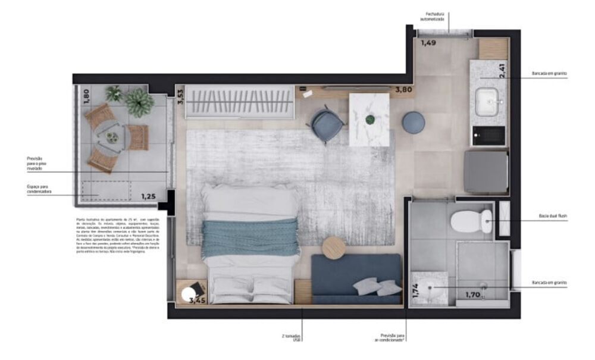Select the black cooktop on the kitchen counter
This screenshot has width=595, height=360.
(x=487, y=136)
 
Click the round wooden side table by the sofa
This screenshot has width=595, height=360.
(x=334, y=248)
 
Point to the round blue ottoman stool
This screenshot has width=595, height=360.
(x=413, y=122)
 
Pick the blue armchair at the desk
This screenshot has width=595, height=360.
(x=327, y=126)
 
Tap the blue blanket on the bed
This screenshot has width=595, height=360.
(x=250, y=238)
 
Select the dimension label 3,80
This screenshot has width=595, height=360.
(x=404, y=90)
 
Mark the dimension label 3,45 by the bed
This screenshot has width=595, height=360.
(x=198, y=300)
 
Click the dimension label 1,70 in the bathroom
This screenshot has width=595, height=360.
(x=473, y=294)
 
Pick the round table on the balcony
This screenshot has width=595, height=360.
(x=112, y=137)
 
